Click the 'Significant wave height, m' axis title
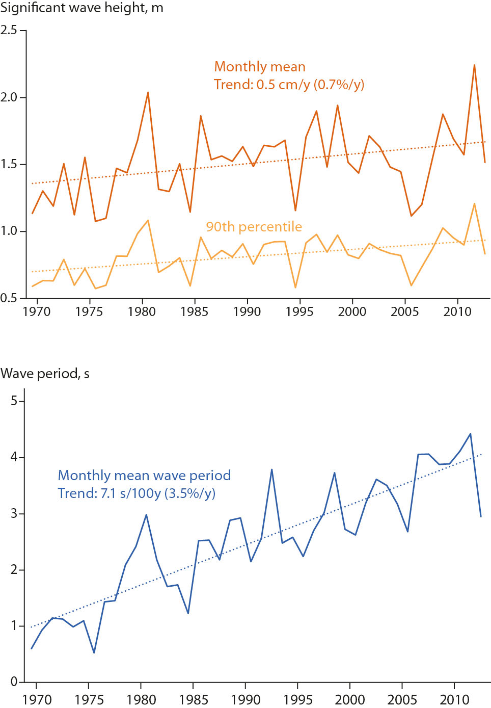pos(81,8)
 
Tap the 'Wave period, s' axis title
pos(45,374)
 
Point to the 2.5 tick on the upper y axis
pos(9,30)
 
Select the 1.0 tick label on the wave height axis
pos(9,231)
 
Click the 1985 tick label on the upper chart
pos(194,311)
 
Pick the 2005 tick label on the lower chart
pos(402,699)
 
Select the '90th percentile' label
pos(254,227)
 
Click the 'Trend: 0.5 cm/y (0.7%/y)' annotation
pos(289,85)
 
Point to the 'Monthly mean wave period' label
pos(144,476)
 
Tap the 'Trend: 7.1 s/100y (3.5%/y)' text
pos(137,493)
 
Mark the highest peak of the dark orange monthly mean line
pos(474,65)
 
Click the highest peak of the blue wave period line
pos(470,434)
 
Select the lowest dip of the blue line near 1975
pos(94,652)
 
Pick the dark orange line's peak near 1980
pos(148,92)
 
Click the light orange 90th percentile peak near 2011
pos(474,204)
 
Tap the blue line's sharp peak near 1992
pos(271,469)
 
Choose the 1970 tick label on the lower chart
pos(37,699)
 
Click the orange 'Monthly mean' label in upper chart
pos(260,67)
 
